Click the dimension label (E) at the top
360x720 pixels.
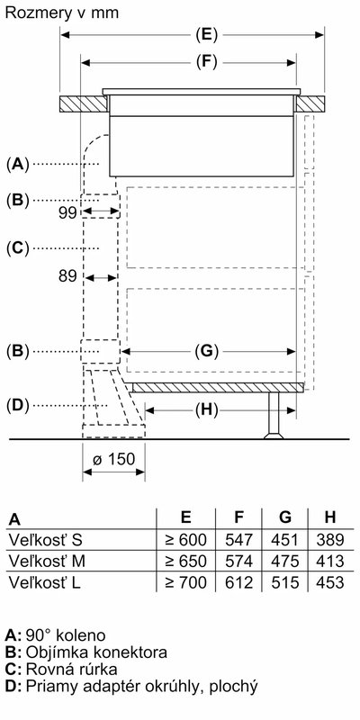(x=206, y=35)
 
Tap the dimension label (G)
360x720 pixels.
(x=206, y=352)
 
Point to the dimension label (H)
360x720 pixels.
(x=206, y=410)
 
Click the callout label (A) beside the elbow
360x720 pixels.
(x=17, y=164)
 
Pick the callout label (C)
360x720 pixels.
(x=17, y=248)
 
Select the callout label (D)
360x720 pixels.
(x=17, y=406)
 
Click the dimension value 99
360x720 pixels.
(x=67, y=213)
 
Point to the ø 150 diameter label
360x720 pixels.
(x=114, y=459)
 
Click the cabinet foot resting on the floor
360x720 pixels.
(x=274, y=415)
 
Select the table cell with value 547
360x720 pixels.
(x=238, y=539)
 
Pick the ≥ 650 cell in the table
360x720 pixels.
(x=185, y=561)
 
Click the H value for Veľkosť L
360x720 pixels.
(x=329, y=582)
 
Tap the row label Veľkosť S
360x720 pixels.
(x=45, y=539)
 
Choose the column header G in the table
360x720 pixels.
(x=285, y=517)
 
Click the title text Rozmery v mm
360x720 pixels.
(x=62, y=13)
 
